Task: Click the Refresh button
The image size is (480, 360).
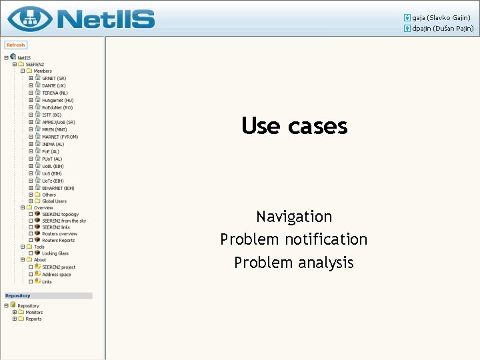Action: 15,45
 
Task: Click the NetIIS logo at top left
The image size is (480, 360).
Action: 81,18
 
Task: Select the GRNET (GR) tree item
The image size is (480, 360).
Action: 54,78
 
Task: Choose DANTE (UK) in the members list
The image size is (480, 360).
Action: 54,85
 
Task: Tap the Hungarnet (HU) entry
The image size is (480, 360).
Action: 58,100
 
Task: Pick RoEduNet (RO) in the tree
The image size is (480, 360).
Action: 57,107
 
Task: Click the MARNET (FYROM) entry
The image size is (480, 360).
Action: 60,137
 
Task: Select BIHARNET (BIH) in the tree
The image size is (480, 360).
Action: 58,188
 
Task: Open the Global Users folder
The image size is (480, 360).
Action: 54,201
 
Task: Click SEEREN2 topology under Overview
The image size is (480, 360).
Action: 60,214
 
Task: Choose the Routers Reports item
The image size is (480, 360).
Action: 58,240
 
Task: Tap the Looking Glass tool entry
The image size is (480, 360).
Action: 55,253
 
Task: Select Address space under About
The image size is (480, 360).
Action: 56,274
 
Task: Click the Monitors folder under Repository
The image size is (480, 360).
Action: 34,312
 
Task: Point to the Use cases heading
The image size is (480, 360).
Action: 294,125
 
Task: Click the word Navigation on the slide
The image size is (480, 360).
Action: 294,217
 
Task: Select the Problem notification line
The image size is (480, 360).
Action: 294,239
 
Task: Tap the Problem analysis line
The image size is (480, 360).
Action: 294,263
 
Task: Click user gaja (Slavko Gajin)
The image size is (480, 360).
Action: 441,17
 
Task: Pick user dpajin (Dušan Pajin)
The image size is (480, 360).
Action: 442,29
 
